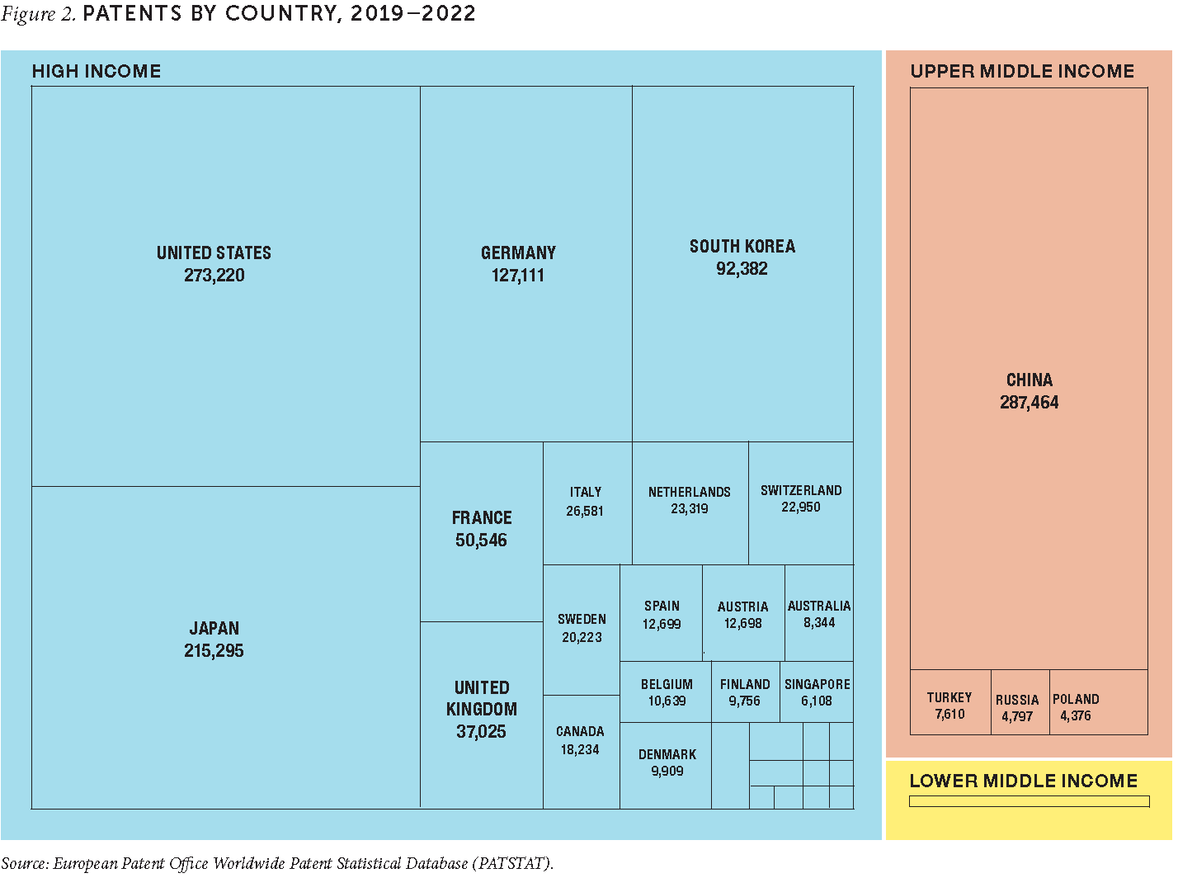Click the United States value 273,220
[214, 276]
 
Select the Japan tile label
[214, 628]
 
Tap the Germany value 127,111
[518, 276]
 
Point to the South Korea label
[742, 247]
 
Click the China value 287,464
[1029, 403]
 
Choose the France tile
[482, 530]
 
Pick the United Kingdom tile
[482, 710]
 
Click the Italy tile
[586, 502]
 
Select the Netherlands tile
[690, 501]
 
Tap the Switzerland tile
[801, 499]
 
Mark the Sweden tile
[582, 629]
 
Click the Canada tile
[581, 741]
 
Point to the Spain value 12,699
[662, 625]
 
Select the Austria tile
[743, 616]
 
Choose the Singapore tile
[817, 693]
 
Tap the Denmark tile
[667, 763]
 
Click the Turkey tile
[949, 706]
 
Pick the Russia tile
[1018, 708]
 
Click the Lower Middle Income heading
[1023, 781]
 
